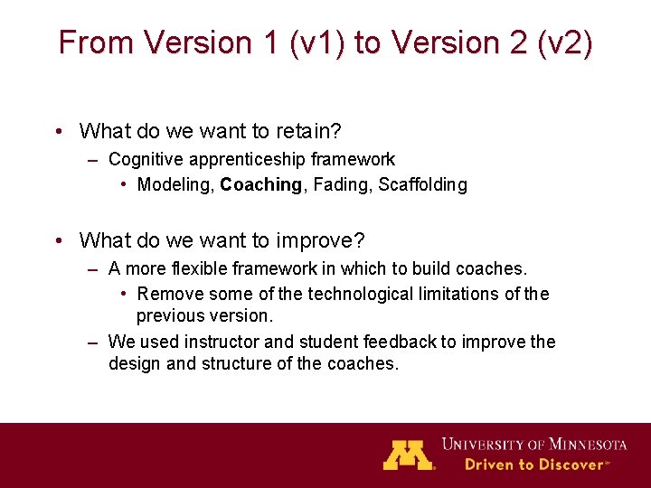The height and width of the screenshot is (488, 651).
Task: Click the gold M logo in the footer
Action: coord(409,455)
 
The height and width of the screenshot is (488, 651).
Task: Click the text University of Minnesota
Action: coord(534,444)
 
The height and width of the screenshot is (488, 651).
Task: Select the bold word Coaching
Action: coord(261,185)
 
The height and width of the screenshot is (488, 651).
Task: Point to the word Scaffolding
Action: coord(422,185)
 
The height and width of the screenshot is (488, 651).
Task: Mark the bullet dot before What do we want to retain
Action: coord(59,132)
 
